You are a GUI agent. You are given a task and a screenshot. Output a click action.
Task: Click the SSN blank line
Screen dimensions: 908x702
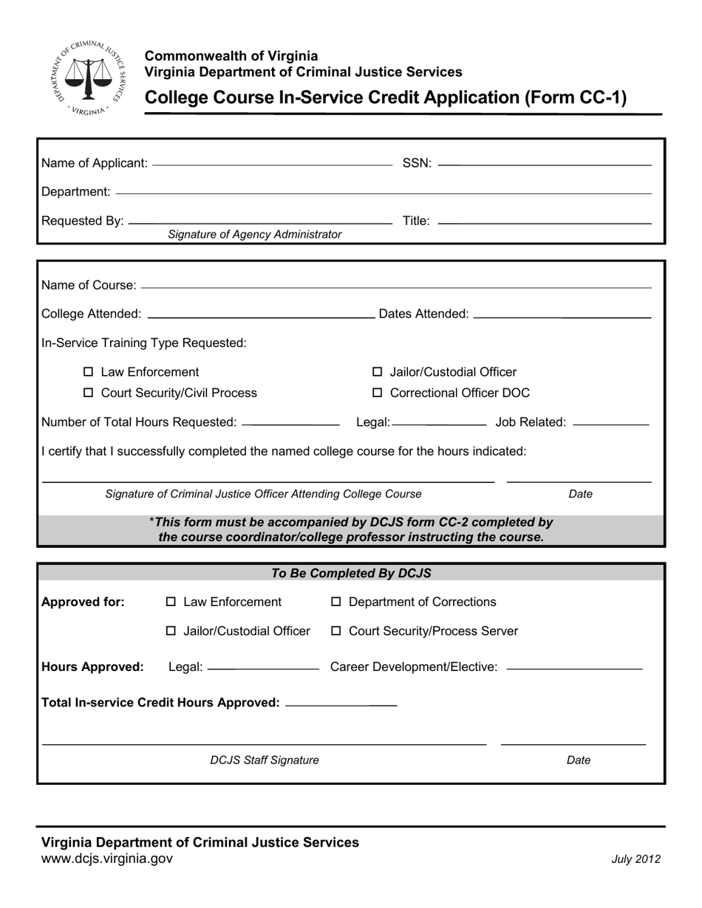coord(545,164)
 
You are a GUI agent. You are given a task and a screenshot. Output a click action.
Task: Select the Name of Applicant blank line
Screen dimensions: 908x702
coord(271,164)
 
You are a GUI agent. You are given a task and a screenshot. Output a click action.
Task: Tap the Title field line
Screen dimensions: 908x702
coord(545,221)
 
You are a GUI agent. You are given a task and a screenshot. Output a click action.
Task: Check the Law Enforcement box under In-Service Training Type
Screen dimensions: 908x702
coord(89,372)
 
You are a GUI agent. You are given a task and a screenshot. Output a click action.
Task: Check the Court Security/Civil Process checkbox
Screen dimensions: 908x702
coord(89,393)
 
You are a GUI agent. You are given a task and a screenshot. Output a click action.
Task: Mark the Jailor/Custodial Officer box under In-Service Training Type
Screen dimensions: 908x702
coord(378,372)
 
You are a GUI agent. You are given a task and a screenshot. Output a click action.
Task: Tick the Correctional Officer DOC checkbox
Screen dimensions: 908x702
coord(378,393)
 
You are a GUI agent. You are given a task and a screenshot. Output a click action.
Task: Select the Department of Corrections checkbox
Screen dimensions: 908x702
coord(336,602)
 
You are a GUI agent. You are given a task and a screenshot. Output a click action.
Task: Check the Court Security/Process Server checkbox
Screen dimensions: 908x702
coord(336,631)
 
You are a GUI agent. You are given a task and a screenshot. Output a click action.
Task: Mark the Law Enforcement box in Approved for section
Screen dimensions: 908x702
coord(171,602)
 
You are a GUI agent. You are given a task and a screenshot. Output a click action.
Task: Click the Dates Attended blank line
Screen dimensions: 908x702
coord(562,316)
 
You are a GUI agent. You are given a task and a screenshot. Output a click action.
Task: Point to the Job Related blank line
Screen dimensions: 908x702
coord(610,424)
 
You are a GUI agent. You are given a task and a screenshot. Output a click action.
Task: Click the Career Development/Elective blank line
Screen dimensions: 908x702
coord(575,669)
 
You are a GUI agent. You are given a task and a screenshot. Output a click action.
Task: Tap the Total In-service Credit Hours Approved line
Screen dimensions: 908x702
coord(341,705)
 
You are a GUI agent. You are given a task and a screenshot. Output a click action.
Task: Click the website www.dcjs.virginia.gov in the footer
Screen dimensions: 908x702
coord(107,859)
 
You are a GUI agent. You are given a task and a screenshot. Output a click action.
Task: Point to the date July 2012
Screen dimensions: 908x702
coord(635,859)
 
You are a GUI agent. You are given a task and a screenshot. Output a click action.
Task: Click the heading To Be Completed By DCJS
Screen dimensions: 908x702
coord(351,574)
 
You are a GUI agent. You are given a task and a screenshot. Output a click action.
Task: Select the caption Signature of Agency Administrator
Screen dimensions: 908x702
coord(255,235)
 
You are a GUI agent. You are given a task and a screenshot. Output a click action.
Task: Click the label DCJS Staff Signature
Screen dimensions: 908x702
coord(265,760)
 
